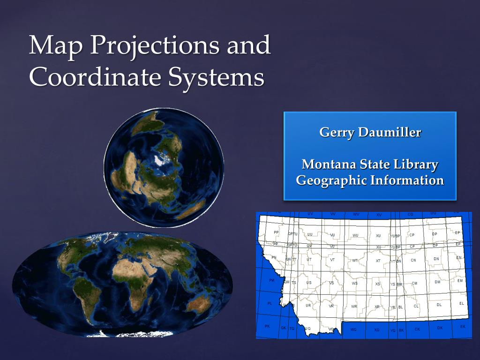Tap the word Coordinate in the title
click(92, 77)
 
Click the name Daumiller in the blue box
click(389, 133)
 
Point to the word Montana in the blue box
click(329, 165)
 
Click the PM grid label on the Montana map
click(272, 280)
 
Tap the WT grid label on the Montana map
click(355, 261)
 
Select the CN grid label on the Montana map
click(413, 260)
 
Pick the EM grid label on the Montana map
click(460, 280)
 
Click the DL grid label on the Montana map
click(439, 305)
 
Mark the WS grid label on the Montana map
click(354, 283)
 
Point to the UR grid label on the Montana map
click(308, 306)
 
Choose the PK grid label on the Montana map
click(267, 326)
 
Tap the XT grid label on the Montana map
click(378, 261)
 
